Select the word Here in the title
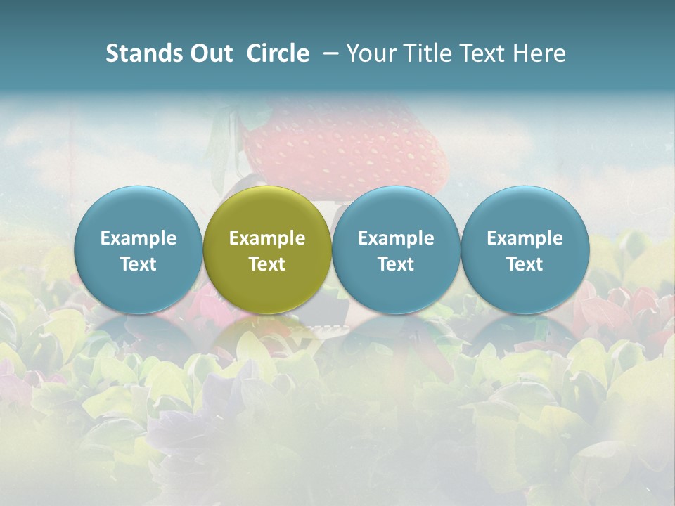click(541, 53)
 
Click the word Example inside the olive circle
click(267, 238)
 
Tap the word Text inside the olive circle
click(267, 264)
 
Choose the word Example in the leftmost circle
click(139, 238)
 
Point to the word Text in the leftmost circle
click(139, 264)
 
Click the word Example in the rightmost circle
click(525, 238)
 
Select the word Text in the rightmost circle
click(525, 264)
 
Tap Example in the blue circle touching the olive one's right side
click(396, 238)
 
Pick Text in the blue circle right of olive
click(396, 264)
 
